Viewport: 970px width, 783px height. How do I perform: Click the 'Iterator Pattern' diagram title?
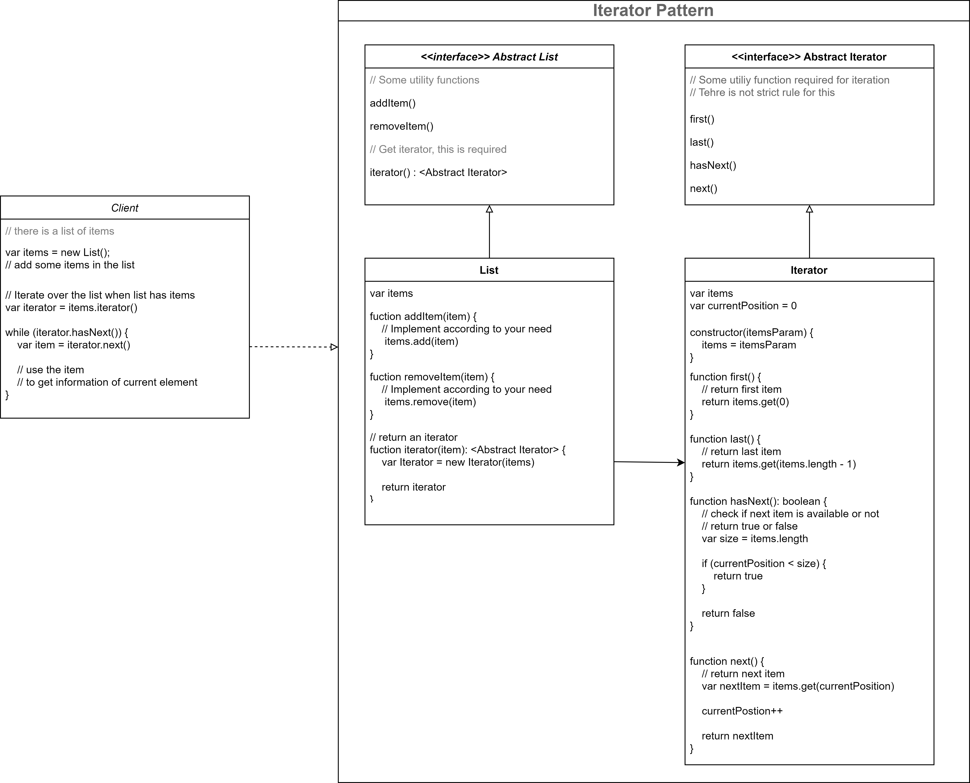tap(653, 10)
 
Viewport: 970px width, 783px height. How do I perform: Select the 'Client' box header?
tap(124, 208)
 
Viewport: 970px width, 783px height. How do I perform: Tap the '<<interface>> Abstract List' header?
tap(489, 57)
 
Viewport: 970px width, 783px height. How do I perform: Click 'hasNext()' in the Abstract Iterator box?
tap(713, 165)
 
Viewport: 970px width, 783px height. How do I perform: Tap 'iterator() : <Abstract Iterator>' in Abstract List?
tap(438, 172)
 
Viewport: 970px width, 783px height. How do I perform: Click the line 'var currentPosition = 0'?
tap(743, 306)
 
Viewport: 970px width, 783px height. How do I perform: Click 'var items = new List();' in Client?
tap(57, 253)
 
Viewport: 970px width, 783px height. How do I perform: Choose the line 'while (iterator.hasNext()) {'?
tap(67, 332)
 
